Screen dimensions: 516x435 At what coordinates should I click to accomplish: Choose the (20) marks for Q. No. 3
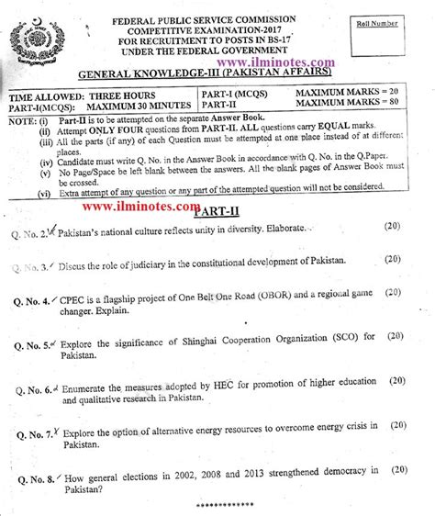[394, 261]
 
